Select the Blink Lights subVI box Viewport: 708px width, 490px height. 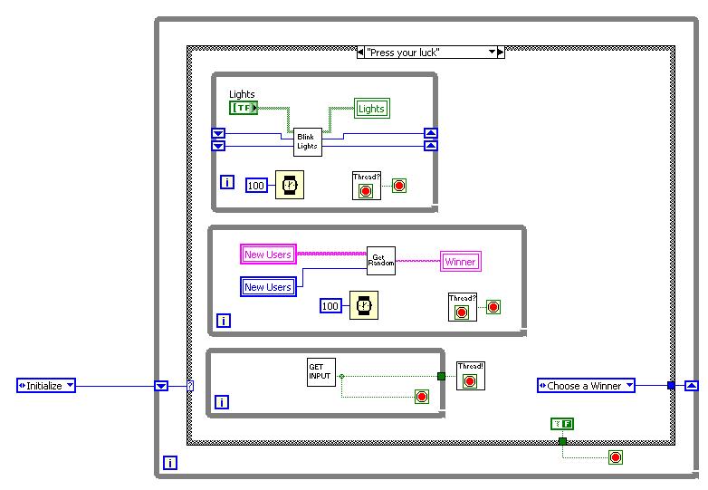coord(307,141)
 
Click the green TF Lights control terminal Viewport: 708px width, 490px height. coord(244,108)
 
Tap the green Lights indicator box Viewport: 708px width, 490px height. coord(371,109)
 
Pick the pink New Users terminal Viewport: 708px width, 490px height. coord(268,255)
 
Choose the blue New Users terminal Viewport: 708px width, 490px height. coord(268,287)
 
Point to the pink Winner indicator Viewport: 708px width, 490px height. coord(460,262)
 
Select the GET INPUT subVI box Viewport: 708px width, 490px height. coord(321,372)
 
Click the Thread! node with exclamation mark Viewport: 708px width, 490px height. coord(471,375)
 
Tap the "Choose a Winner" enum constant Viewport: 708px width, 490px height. coord(586,386)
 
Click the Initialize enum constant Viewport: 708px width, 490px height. coord(46,386)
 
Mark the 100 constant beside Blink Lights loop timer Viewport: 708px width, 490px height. coord(256,186)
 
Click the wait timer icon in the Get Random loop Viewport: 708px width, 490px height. coord(363,306)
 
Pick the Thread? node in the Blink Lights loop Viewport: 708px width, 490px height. coord(367,185)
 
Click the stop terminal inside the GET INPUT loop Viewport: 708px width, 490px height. coord(421,396)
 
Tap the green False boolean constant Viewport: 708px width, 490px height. coord(562,423)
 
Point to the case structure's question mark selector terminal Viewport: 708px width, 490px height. coord(190,386)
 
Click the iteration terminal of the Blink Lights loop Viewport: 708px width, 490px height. coord(227,182)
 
